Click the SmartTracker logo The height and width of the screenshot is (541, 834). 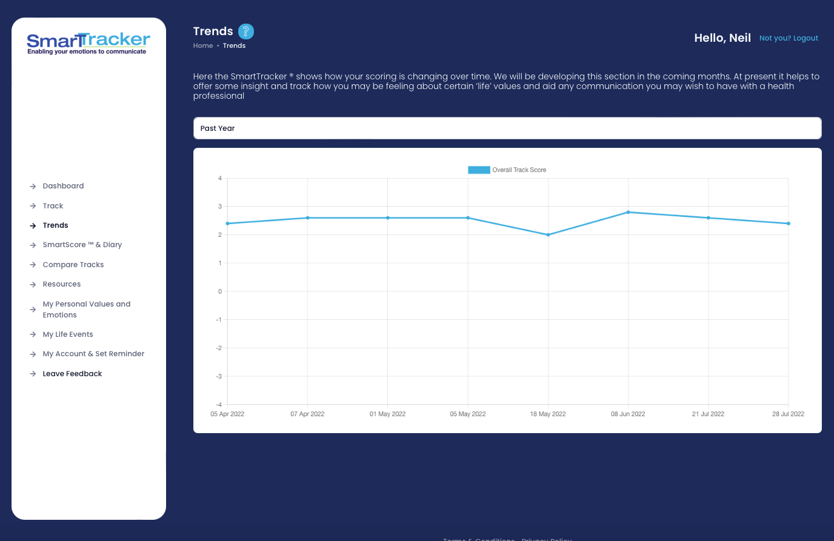coord(88,43)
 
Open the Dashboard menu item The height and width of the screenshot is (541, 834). coord(63,186)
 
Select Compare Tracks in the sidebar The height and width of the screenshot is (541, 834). coord(73,265)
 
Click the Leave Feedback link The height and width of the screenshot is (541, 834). coord(72,374)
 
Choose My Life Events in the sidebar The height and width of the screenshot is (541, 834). coord(68,334)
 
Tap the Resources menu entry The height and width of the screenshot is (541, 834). coord(61,284)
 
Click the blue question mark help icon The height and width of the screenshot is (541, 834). coord(245,32)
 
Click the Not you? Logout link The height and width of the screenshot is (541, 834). coord(789,38)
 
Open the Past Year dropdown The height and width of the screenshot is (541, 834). coord(507,128)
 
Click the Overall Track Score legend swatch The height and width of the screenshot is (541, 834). coord(479,170)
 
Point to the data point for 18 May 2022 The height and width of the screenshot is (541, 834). coord(548,235)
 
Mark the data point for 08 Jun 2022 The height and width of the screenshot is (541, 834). coord(628,212)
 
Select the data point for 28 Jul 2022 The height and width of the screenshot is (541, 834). coord(788,224)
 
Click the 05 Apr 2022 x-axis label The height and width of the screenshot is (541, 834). coord(227,414)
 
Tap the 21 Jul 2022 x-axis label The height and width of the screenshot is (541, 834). coord(708,414)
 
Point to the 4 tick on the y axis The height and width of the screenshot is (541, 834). coord(220,178)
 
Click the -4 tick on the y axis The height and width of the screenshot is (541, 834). coord(219,405)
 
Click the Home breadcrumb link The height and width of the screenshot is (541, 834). coord(203,46)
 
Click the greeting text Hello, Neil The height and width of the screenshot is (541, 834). coord(722,38)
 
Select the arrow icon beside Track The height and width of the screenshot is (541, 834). coord(33,206)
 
